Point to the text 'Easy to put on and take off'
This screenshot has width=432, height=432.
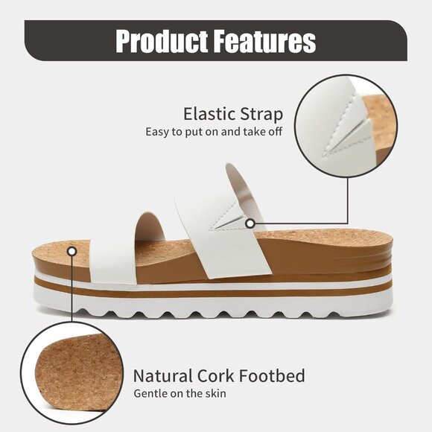pyautogui.click(x=215, y=133)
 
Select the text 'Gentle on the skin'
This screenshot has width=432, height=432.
pyautogui.click(x=180, y=393)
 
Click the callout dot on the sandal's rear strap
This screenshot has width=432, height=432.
pyautogui.click(x=250, y=223)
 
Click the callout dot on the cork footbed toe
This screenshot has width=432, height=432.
pyautogui.click(x=72, y=252)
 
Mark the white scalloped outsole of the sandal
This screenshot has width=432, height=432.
pyautogui.click(x=216, y=302)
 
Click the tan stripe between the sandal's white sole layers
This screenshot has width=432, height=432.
pyautogui.click(x=216, y=287)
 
